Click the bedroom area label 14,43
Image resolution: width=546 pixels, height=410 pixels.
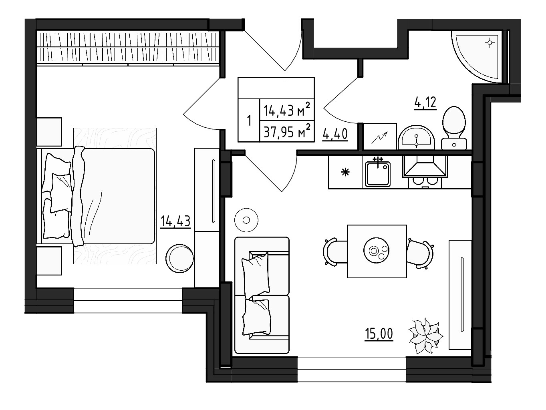(x=175, y=221)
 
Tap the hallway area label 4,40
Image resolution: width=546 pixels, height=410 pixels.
(x=334, y=134)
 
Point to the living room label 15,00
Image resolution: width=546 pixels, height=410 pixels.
(x=379, y=333)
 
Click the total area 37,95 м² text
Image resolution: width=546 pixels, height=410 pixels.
(x=286, y=131)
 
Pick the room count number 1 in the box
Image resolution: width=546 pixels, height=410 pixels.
(x=249, y=120)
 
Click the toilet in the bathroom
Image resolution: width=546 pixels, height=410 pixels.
(x=454, y=127)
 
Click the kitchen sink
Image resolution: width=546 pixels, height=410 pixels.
(x=377, y=173)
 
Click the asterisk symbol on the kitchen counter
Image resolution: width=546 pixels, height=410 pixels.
(x=345, y=173)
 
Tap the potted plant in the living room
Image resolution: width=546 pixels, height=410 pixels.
(x=425, y=336)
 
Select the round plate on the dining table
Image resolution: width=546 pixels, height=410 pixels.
(x=376, y=251)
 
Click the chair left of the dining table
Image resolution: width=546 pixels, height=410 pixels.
(x=334, y=251)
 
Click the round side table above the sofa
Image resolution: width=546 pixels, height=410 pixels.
(x=246, y=220)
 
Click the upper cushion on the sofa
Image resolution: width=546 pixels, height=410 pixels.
(x=255, y=275)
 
